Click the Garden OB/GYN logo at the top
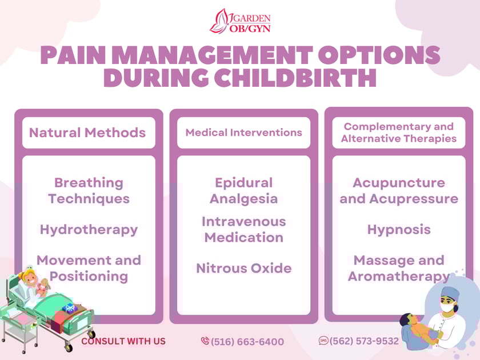click(x=240, y=21)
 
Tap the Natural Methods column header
click(x=88, y=133)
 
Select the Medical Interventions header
click(x=243, y=133)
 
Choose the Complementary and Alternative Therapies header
click(x=399, y=133)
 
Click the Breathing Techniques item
click(x=89, y=191)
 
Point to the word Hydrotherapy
click(x=89, y=230)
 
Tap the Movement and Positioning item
click(x=89, y=268)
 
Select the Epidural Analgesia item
click(x=243, y=191)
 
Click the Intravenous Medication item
click(x=243, y=229)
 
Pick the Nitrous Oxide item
click(x=243, y=268)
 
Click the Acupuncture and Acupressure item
click(x=399, y=191)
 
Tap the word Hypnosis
click(x=399, y=230)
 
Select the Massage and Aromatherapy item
click(x=399, y=268)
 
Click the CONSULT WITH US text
click(x=123, y=341)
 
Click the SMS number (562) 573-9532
click(x=364, y=341)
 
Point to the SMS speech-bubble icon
click(x=323, y=341)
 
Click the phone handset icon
click(x=205, y=341)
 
